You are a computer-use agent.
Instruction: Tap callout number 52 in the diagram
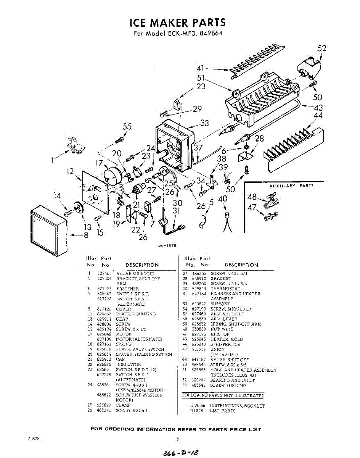322,48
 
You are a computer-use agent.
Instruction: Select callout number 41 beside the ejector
201,69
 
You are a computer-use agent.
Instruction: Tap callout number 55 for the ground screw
127,127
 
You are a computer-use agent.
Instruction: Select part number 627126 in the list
104,309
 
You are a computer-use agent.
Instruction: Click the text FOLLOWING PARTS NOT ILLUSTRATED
223,396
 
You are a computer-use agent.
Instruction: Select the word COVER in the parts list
124,309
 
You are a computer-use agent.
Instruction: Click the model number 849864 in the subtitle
210,33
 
